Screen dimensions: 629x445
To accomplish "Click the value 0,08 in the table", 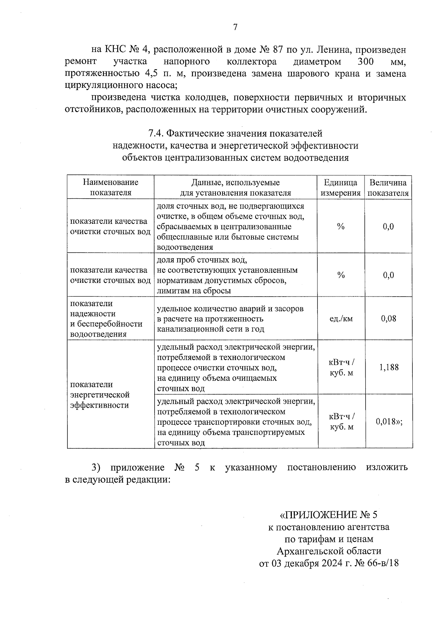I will [388, 318].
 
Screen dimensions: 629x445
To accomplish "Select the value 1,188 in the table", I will [389, 367].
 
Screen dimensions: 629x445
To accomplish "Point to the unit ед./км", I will [341, 318].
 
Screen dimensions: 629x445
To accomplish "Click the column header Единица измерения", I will [340, 188].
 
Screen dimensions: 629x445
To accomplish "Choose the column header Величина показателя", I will [388, 188].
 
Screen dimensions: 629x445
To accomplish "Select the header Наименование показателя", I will [111, 187].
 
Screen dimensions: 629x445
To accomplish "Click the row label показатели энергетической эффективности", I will [100, 394].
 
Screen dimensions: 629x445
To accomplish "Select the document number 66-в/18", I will [383, 563].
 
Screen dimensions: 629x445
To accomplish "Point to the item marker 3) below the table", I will [96, 467].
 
